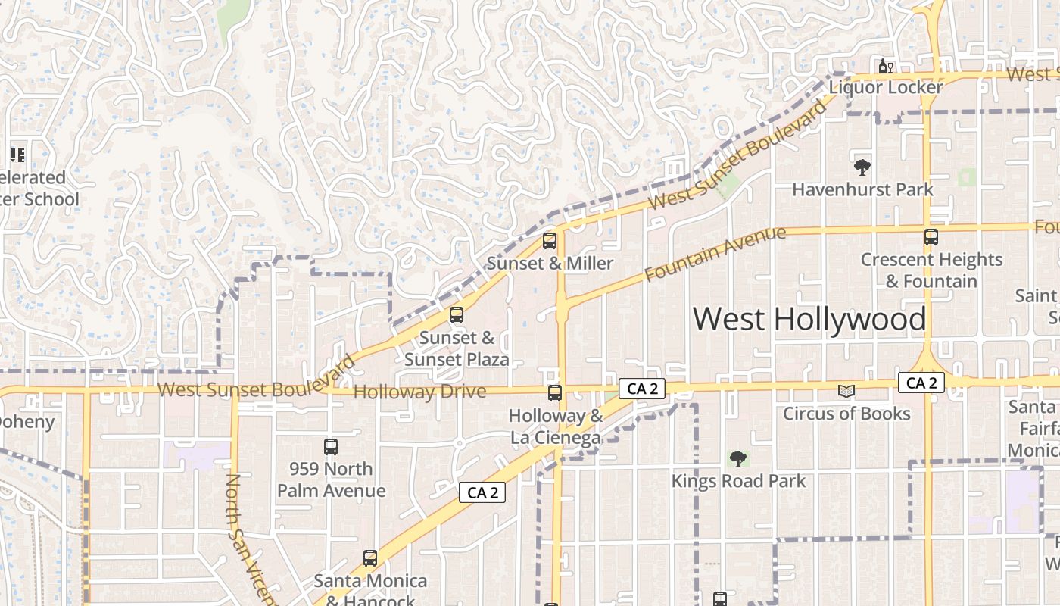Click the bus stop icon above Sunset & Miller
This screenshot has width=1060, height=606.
point(550,241)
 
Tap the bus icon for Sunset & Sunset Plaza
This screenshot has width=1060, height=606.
point(457,315)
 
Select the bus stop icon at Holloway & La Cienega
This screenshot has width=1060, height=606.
point(555,393)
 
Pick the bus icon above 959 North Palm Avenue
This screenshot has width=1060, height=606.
point(331,447)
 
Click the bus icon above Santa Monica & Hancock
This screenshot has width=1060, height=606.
point(370,558)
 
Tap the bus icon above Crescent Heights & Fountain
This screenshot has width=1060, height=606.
point(931,237)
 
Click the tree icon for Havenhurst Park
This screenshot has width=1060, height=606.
point(862,167)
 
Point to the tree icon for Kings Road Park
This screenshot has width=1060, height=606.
point(738,458)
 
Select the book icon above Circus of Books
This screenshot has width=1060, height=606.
point(846,391)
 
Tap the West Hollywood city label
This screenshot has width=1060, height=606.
point(809,319)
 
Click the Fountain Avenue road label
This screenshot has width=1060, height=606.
point(715,254)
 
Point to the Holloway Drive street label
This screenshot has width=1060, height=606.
point(419,392)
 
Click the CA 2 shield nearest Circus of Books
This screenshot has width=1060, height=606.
point(921,383)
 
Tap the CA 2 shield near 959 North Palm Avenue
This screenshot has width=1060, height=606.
point(482,492)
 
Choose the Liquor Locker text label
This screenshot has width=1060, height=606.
point(886,87)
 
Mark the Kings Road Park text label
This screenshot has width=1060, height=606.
point(738,481)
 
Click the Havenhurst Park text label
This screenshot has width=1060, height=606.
point(862,189)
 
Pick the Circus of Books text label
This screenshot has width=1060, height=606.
point(846,414)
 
